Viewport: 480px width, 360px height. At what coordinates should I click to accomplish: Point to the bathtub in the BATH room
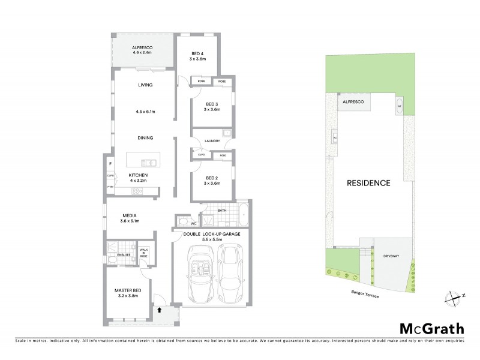(x=242, y=214)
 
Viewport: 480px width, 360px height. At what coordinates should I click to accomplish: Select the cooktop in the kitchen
(x=136, y=191)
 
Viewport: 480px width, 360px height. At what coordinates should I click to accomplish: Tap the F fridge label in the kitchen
(x=110, y=163)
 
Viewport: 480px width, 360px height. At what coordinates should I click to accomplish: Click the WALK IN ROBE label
(x=143, y=253)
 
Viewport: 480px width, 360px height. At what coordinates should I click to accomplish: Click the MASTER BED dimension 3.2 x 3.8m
(x=127, y=296)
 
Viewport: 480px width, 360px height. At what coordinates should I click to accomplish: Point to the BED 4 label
(x=198, y=53)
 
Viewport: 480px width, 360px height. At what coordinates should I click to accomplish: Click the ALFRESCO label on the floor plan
(x=127, y=46)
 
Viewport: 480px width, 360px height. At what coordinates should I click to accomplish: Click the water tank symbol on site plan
(x=399, y=109)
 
